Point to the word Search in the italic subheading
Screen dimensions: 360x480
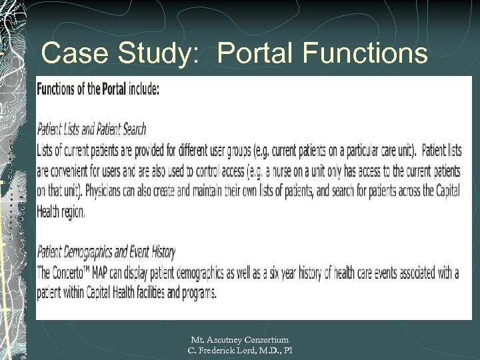point(129,129)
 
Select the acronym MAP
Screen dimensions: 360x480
point(113,273)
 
